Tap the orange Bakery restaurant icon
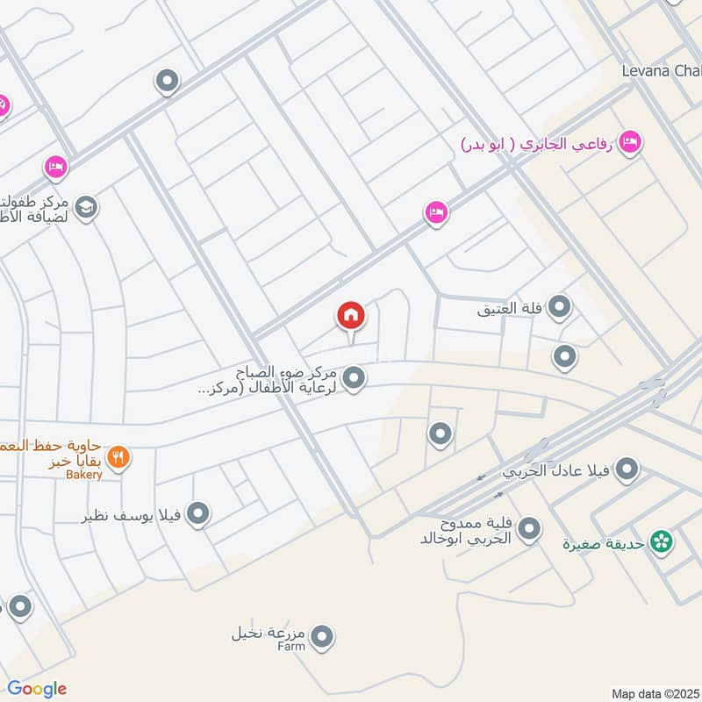(x=118, y=456)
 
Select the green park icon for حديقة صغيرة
(x=662, y=542)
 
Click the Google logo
(x=36, y=689)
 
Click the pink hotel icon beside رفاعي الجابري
(x=629, y=142)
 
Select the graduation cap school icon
(x=86, y=207)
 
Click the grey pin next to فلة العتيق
(x=560, y=307)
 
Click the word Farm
(x=291, y=647)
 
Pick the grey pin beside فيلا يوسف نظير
(x=199, y=514)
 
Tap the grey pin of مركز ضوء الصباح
(x=354, y=378)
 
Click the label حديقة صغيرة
(x=605, y=543)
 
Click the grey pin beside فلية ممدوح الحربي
(x=529, y=529)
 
